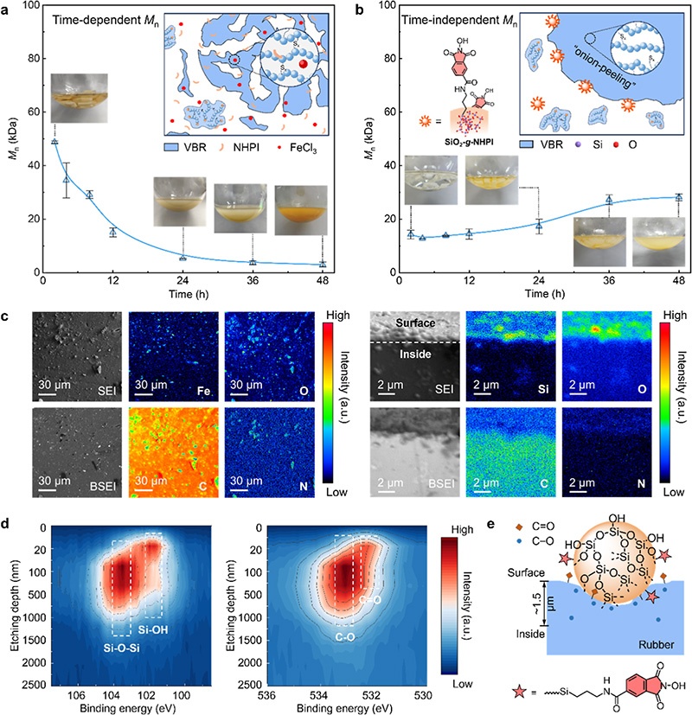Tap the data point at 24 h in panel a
(183, 258)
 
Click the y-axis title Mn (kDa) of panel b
(371, 137)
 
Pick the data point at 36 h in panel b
(609, 200)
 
